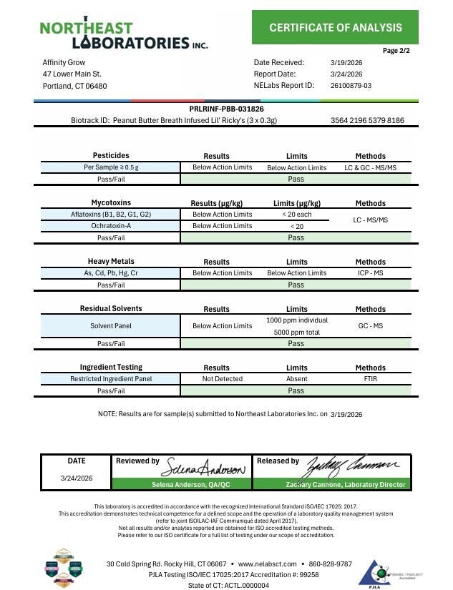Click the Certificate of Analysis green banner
(x=335, y=28)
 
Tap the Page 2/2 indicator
(x=396, y=51)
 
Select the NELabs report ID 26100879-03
(x=351, y=86)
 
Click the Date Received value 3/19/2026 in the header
(x=346, y=63)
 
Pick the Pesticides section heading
(x=111, y=156)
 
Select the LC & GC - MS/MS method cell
(x=370, y=167)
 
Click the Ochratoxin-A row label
(x=111, y=226)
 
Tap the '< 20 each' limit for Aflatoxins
(x=296, y=215)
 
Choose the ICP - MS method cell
(x=370, y=273)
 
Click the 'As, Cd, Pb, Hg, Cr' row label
(x=111, y=273)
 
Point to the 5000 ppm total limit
(x=296, y=333)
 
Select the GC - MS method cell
(x=370, y=326)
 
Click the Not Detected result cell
(x=222, y=379)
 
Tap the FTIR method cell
(x=370, y=379)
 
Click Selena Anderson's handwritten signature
(x=207, y=469)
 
